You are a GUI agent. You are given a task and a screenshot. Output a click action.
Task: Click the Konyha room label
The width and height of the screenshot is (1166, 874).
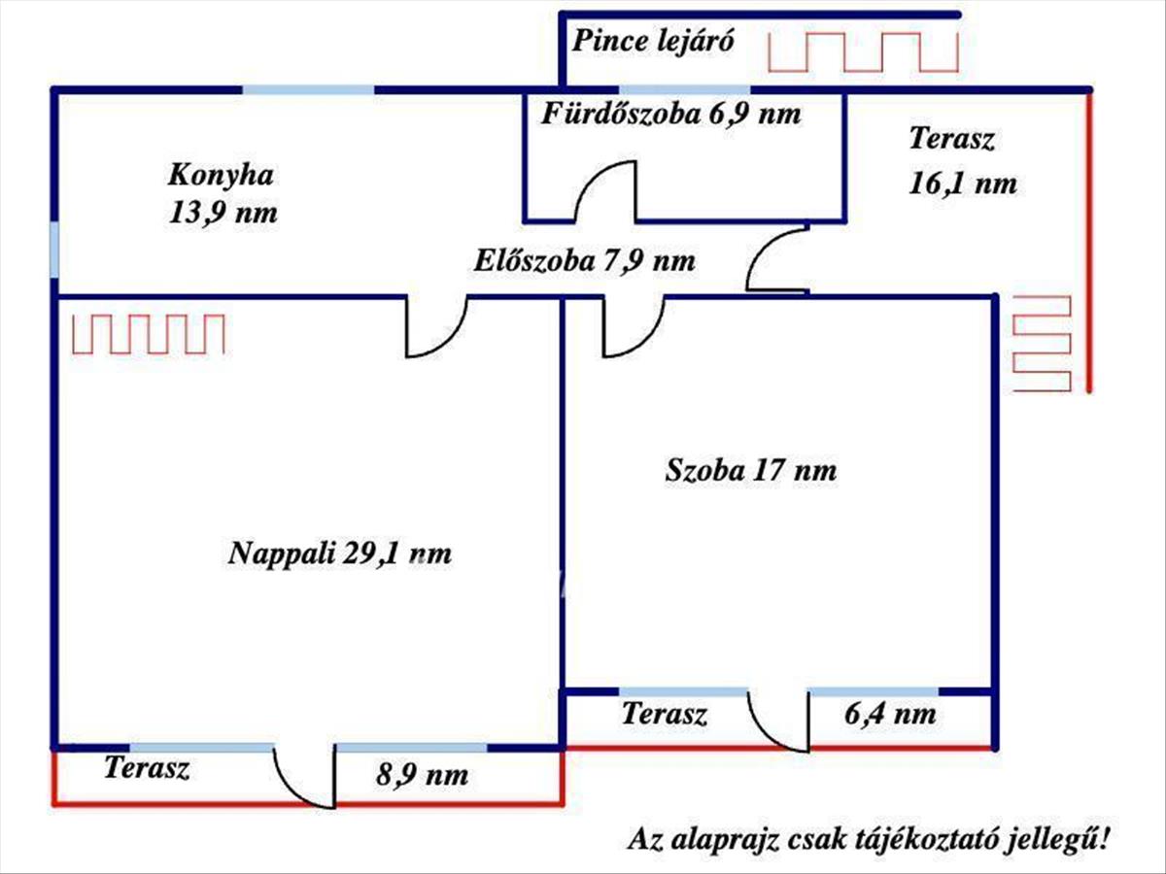[222, 176]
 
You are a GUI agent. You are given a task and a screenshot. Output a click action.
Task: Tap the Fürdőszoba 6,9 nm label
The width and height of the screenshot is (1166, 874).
[672, 115]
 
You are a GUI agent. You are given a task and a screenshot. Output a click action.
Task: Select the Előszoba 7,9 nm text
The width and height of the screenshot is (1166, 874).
[585, 261]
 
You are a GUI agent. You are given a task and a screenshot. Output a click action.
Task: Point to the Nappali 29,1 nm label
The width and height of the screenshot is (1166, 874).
[340, 555]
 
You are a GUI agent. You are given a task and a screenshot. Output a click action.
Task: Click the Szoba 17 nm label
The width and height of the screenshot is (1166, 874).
[751, 472]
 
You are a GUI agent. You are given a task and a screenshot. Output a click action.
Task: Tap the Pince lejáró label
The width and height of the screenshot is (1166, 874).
[652, 42]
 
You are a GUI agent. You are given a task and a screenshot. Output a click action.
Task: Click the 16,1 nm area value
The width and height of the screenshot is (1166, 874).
[963, 184]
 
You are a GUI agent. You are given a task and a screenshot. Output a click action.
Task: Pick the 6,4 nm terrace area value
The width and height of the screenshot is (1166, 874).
[890, 715]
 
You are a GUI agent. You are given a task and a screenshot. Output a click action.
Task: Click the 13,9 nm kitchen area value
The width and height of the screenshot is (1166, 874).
[223, 213]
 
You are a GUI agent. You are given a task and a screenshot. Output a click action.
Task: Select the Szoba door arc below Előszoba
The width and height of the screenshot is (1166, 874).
[633, 328]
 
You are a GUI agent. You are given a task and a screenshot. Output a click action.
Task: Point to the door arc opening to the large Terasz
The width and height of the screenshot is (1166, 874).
[775, 260]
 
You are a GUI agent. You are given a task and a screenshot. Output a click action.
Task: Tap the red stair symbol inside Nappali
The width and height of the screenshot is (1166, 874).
[150, 334]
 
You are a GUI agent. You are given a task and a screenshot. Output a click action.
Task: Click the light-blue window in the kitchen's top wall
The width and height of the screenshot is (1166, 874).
[308, 90]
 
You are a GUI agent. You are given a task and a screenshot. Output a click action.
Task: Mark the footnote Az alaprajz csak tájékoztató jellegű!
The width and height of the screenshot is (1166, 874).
[870, 837]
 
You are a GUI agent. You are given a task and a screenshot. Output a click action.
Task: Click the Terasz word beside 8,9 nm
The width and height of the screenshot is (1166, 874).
[147, 769]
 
